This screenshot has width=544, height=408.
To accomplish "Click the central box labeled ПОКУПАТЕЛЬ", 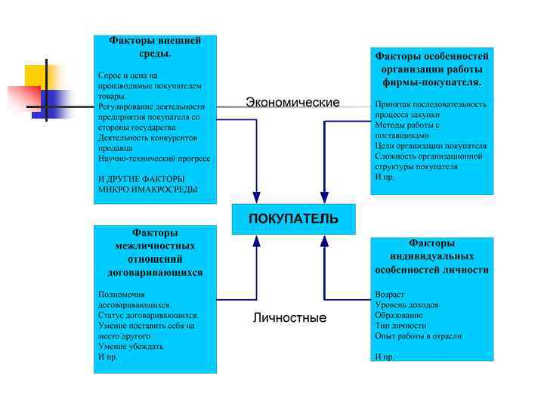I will (293, 219).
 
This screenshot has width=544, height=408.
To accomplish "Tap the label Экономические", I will (292, 102).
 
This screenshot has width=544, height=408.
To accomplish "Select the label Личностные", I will (289, 318).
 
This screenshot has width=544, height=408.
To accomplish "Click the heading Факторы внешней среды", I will (155, 47).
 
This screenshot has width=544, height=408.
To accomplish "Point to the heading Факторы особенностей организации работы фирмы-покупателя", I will (431, 68).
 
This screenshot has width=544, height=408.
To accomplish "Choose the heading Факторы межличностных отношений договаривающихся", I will (155, 252).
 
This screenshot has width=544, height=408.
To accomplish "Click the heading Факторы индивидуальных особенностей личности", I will (431, 256).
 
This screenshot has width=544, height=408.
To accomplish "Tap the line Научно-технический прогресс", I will (154, 159).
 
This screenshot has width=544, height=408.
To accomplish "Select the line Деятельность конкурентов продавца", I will (147, 144).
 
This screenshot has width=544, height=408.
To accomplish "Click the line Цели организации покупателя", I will (431, 145).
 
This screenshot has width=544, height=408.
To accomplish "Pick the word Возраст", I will (389, 294).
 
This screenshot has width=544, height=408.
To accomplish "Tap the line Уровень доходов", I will (406, 304).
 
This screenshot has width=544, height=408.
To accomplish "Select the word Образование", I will (399, 315).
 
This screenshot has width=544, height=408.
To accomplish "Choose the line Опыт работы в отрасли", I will (418, 336).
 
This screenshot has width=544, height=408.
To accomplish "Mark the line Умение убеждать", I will (131, 346).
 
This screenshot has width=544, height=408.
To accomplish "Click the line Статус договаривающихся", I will (148, 315).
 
